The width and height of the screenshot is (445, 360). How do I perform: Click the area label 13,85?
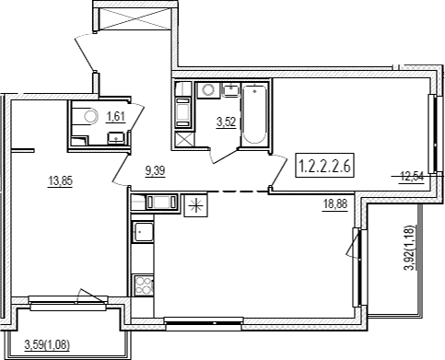tap(60, 181)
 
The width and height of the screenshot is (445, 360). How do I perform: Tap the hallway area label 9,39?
tap(156, 171)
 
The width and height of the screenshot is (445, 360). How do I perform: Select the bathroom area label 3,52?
tap(227, 122)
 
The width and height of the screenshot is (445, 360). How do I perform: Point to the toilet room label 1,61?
tap(116, 117)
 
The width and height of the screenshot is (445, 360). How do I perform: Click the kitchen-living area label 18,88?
tap(335, 203)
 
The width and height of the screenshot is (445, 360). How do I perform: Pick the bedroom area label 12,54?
tap(412, 177)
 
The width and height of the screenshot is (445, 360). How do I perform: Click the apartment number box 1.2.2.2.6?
tap(325, 165)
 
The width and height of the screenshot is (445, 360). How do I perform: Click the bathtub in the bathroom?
tap(254, 114)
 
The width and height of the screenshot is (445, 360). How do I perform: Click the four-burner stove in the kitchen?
tap(144, 285)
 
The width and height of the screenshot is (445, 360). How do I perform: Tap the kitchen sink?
tap(143, 232)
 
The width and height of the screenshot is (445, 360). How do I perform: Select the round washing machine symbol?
tap(208, 90)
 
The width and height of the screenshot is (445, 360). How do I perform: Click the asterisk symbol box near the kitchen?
tap(196, 205)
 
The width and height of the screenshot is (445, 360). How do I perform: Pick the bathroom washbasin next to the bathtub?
tap(231, 90)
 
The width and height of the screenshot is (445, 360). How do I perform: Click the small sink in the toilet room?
tap(116, 138)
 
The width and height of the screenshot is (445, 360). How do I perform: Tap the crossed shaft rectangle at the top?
tap(135, 19)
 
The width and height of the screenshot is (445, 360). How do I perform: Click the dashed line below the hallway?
tap(238, 192)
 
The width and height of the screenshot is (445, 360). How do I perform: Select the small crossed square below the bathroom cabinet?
tap(184, 139)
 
